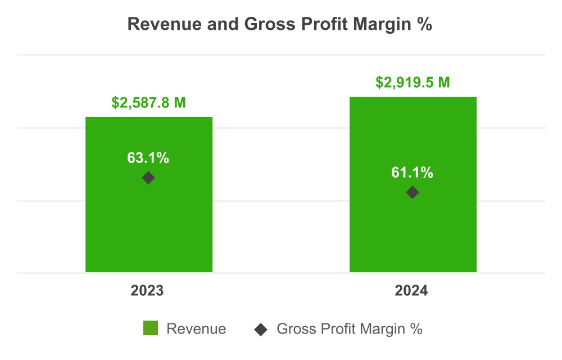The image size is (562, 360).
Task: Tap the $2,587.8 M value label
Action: click(x=148, y=103)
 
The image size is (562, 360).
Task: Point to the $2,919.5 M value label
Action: click(x=413, y=83)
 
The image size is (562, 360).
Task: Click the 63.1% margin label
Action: click(x=148, y=158)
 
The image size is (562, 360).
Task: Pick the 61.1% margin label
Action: click(x=413, y=173)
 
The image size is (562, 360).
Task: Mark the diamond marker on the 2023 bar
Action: click(x=148, y=178)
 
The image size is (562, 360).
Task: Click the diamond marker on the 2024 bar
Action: click(x=413, y=192)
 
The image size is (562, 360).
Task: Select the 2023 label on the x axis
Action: click(x=147, y=291)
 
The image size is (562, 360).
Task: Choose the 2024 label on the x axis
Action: click(x=411, y=291)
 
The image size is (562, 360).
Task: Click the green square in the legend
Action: click(x=151, y=328)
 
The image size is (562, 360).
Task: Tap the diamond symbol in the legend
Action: click(x=260, y=329)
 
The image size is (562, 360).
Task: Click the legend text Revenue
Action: click(x=196, y=329)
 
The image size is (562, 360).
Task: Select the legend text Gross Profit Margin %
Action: click(x=349, y=329)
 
